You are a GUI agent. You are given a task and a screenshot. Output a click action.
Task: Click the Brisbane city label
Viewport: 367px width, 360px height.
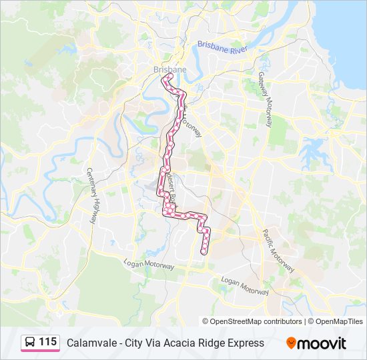tap(169, 69)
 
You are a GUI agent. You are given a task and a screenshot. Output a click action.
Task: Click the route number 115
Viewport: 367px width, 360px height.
tap(47, 342)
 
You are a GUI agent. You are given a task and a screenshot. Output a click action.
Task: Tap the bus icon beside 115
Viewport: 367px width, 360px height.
tap(30, 343)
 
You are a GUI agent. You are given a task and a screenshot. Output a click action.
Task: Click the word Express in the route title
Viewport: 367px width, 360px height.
tap(244, 343)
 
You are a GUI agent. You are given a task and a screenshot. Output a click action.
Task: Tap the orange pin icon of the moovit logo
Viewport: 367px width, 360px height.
tap(292, 343)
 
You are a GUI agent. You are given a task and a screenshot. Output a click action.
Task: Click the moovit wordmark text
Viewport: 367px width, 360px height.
tap(322, 343)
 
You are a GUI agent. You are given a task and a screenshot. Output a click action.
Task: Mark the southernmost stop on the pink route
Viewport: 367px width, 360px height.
tap(204, 252)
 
